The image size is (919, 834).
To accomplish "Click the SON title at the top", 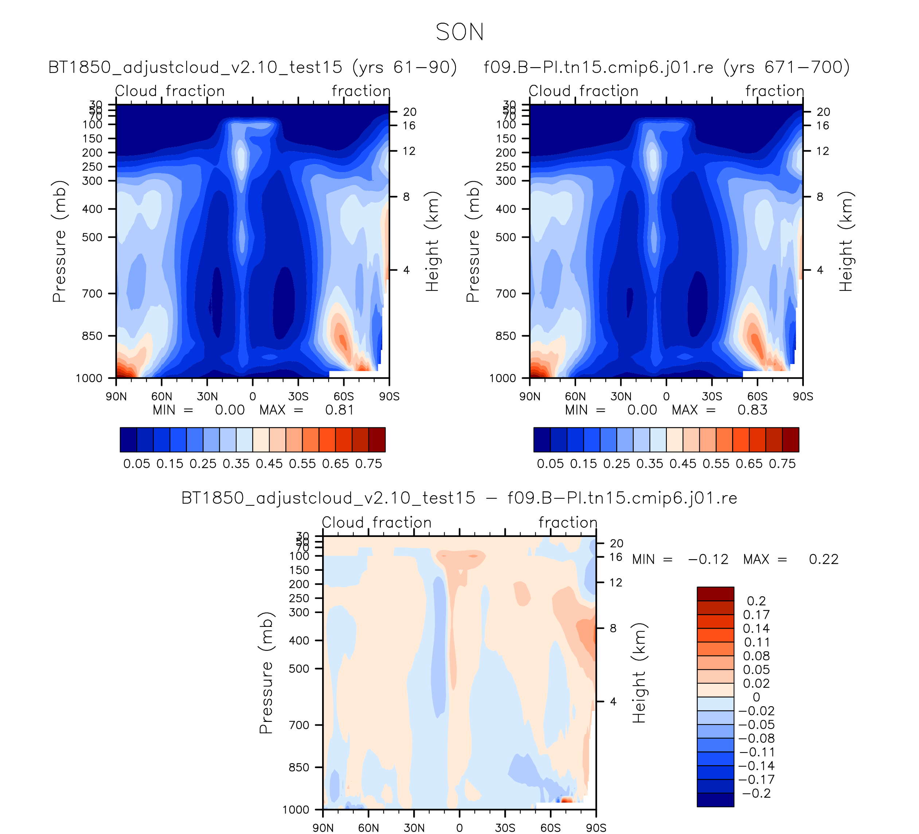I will tap(459, 32).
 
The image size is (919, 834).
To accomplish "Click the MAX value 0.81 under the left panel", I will tap(339, 410).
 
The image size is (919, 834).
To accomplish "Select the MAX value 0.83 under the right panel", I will tap(752, 410).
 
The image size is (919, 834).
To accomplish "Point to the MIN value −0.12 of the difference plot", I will tap(708, 560).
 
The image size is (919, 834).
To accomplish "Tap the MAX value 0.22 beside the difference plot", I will tap(823, 560).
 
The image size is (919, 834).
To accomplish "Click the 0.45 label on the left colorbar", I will tap(269, 464).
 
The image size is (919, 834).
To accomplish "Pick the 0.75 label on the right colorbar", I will tap(782, 464).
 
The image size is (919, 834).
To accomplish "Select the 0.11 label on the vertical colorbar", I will tap(757, 642).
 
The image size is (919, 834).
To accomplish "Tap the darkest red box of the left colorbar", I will tap(377, 439).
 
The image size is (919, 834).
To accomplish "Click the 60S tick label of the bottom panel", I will tap(550, 827).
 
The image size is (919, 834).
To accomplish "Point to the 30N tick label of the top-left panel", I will tap(207, 396).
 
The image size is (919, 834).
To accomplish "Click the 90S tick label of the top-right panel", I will tap(802, 396).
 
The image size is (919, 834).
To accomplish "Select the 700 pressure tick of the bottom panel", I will tap(300, 725).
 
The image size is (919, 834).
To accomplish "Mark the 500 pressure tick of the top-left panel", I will tap(93, 237).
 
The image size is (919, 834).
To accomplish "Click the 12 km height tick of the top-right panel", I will tap(822, 151).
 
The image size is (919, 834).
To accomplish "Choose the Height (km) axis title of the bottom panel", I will tap(639, 673).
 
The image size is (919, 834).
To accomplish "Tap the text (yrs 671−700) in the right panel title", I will tap(786, 67).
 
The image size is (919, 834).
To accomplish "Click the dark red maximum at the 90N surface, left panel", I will tap(121, 373).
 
